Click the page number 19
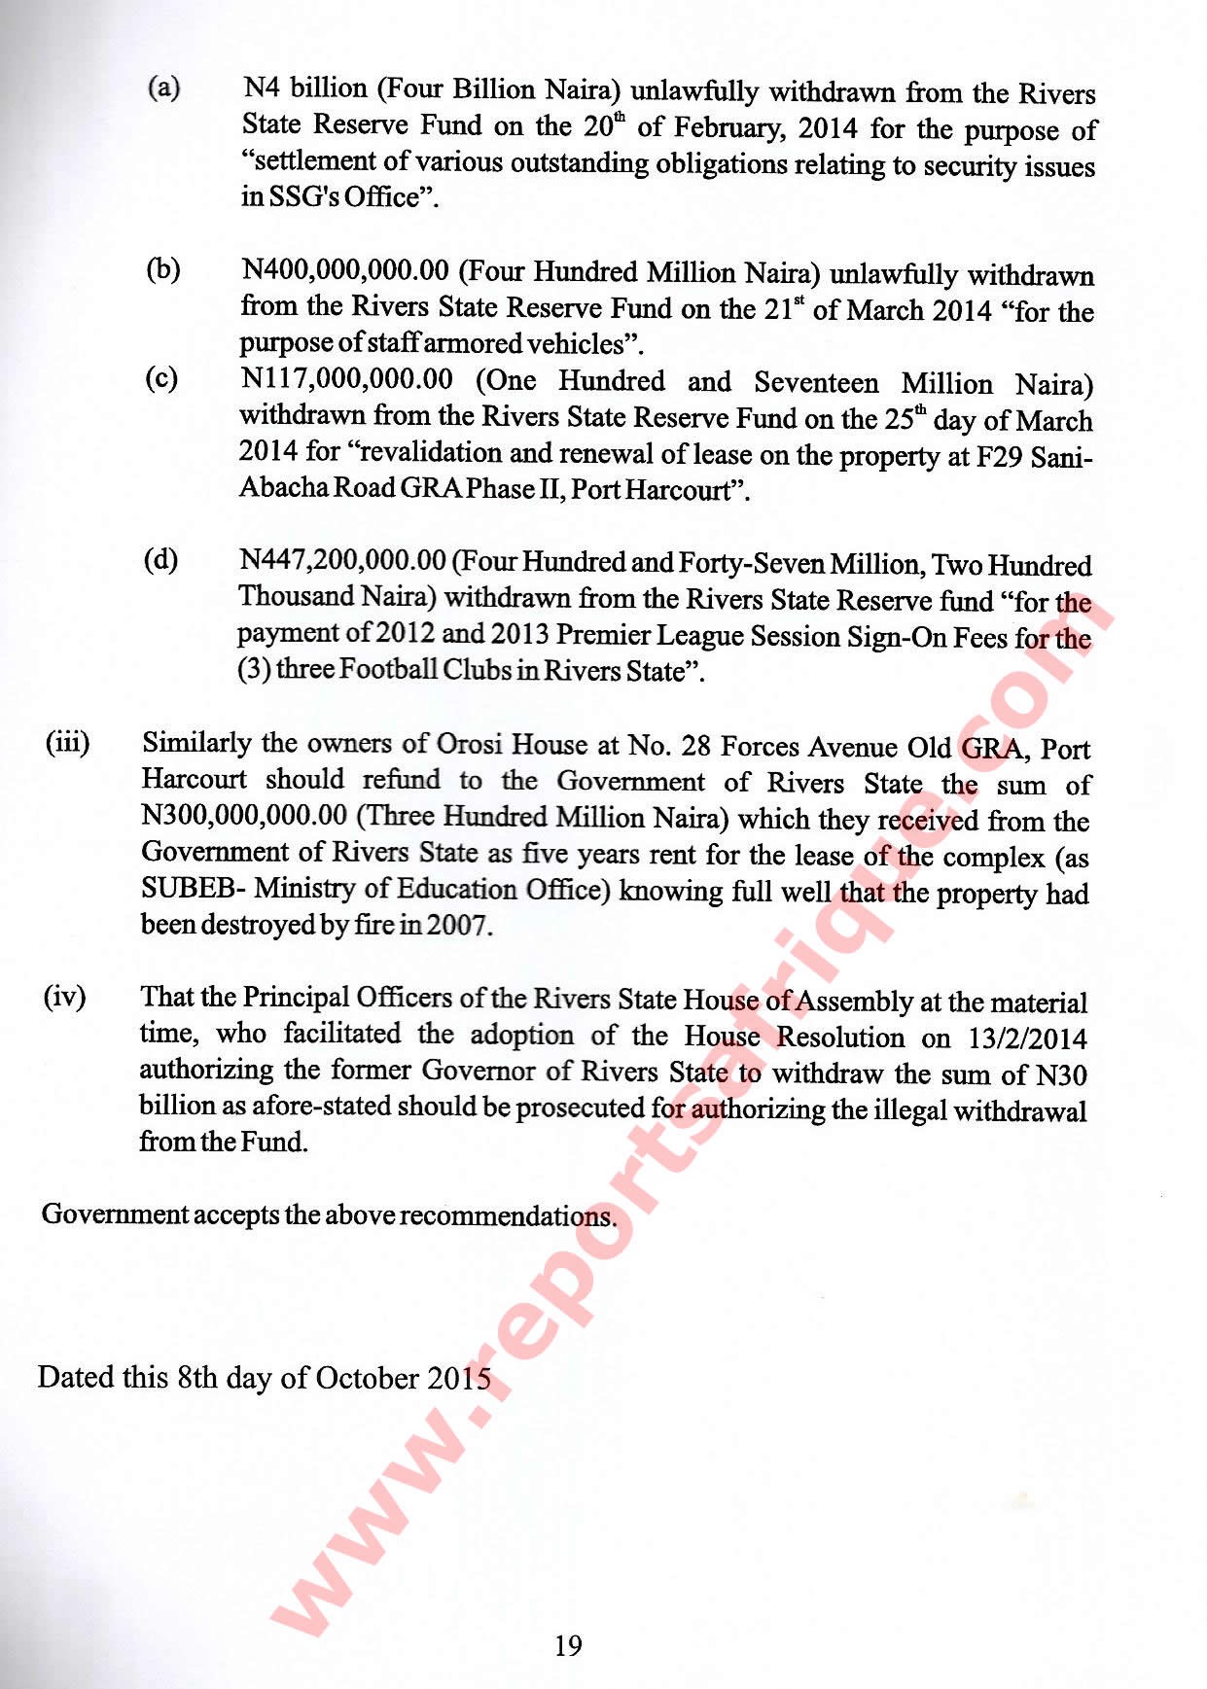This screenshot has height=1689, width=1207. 568,1645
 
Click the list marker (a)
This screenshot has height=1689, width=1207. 163,88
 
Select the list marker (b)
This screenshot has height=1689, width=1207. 163,269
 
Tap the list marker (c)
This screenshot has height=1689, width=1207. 161,378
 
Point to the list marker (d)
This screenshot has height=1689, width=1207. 161,560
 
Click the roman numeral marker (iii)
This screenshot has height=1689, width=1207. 67,744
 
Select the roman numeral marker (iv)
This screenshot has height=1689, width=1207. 64,997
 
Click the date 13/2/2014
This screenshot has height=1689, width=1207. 1028,1038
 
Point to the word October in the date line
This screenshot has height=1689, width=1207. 368,1378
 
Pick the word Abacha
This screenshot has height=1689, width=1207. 283,488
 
